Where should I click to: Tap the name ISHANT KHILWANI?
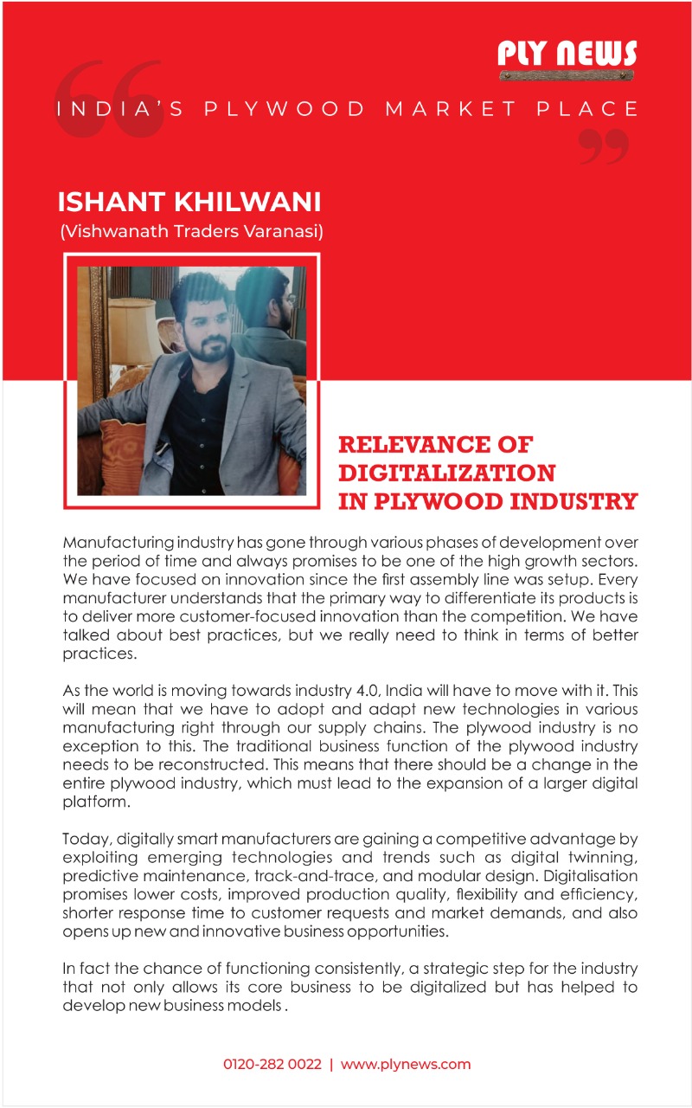[189, 203]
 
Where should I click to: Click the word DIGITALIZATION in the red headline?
[446, 473]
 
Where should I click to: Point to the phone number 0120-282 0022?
[272, 1064]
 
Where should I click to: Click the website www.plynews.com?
[406, 1064]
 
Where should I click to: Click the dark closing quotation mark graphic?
[602, 145]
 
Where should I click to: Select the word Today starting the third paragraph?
[86, 840]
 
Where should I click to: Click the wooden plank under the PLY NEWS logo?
[567, 75]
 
